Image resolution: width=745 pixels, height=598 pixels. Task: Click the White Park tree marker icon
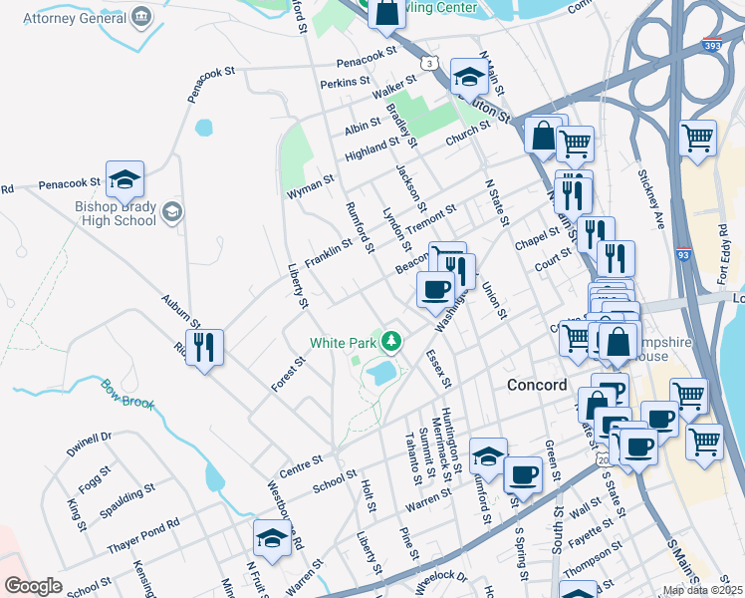pyautogui.click(x=392, y=343)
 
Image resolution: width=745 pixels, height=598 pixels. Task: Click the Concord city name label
pyautogui.click(x=537, y=385)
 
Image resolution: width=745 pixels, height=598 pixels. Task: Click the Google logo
pyautogui.click(x=33, y=586)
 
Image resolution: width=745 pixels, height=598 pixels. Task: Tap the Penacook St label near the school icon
pyautogui.click(x=70, y=183)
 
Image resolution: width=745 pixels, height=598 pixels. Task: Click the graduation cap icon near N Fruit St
pyautogui.click(x=272, y=539)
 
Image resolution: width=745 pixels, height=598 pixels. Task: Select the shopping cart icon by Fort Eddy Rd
pyautogui.click(x=697, y=137)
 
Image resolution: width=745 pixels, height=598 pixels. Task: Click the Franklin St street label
pyautogui.click(x=329, y=252)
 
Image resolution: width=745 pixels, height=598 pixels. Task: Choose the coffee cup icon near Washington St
pyautogui.click(x=434, y=290)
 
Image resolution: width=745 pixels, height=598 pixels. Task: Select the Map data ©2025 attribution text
pyautogui.click(x=702, y=590)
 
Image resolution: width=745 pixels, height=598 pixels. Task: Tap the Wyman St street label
pyautogui.click(x=310, y=185)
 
